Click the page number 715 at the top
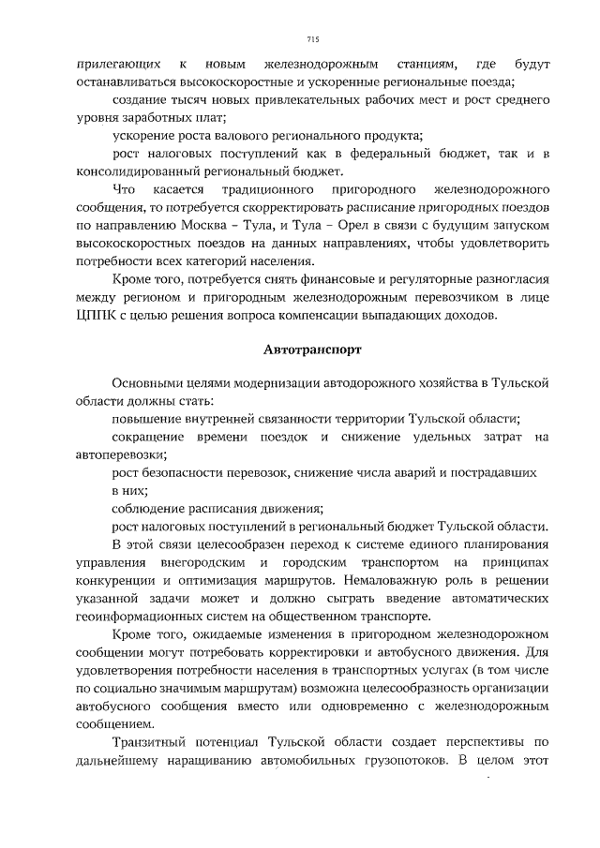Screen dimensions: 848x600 [313, 38]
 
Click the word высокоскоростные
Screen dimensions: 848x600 [198, 82]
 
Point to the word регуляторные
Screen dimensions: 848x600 [416, 280]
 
